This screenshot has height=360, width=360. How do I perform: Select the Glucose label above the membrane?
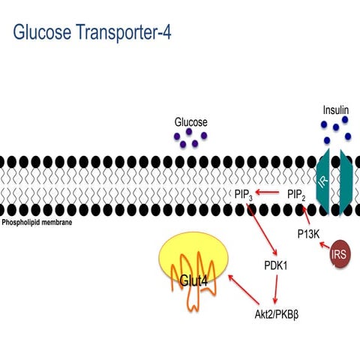(190, 122)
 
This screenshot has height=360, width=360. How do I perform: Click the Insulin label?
(336, 109)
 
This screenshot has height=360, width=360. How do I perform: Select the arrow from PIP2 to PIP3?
(269, 196)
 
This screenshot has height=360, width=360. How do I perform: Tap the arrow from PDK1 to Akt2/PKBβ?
(277, 289)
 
